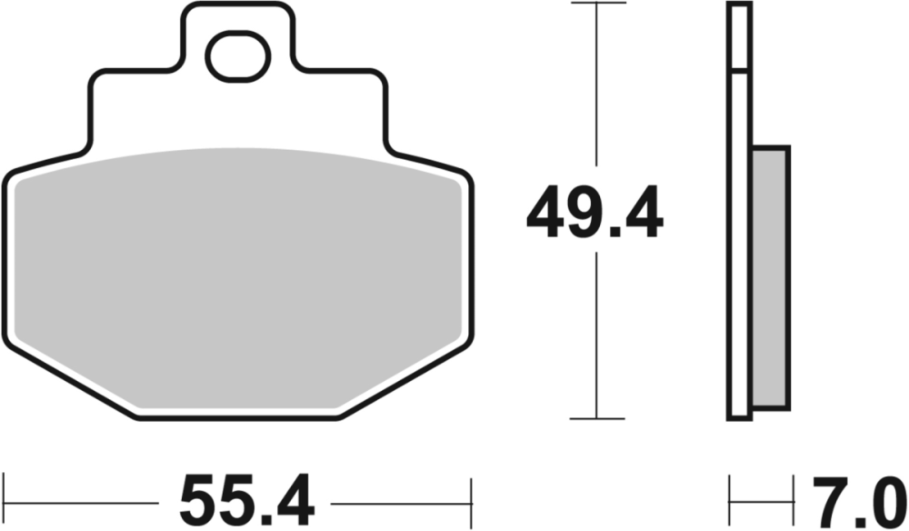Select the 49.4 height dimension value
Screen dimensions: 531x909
click(x=595, y=214)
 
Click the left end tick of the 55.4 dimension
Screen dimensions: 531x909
click(x=4, y=501)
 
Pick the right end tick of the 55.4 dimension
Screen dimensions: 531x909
click(x=471, y=501)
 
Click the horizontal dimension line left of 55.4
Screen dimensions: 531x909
click(x=82, y=501)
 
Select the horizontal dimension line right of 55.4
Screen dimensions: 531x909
click(x=400, y=501)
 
